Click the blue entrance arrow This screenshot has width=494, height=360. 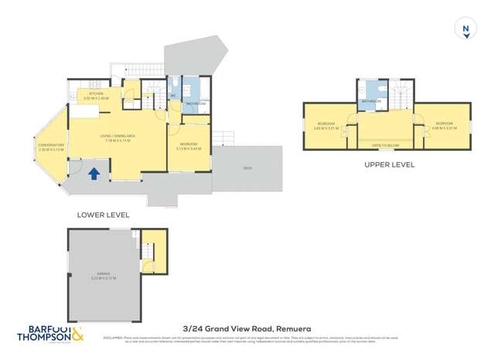click(x=94, y=174)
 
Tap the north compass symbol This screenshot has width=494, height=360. click(x=465, y=29)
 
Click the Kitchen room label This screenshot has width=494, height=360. click(x=96, y=95)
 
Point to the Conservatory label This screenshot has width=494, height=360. click(x=52, y=146)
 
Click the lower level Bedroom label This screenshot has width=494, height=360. click(x=188, y=146)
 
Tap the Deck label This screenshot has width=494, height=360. click(x=247, y=168)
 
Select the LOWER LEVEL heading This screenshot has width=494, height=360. click(x=104, y=215)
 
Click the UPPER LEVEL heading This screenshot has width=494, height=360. click(x=389, y=165)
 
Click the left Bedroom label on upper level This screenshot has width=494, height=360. click(x=326, y=125)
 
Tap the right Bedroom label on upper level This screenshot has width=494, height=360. click(x=444, y=125)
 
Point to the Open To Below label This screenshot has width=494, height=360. click(x=384, y=144)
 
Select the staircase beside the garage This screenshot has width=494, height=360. click(x=148, y=253)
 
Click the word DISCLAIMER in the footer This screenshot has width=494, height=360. click(x=114, y=337)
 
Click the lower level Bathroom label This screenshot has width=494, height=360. click(x=196, y=103)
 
